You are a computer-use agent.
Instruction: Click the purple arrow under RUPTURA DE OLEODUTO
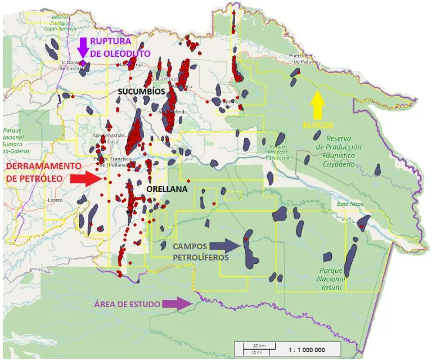pos(83,47)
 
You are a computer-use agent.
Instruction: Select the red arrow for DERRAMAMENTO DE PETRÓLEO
pos(85,179)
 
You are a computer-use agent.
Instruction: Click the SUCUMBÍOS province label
pos(141,91)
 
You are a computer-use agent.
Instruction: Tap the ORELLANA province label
pos(166,189)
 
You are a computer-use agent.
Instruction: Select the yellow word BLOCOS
pos(317,125)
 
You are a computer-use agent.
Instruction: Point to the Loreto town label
pos(56,200)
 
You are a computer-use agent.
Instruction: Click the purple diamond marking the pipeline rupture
pos(83,64)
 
